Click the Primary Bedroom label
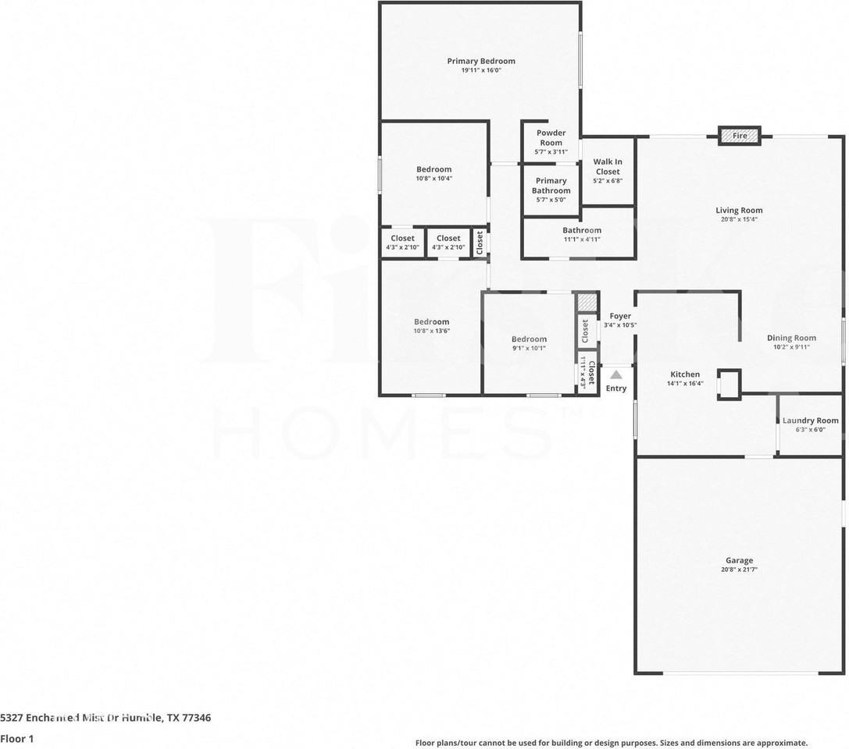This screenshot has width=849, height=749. (x=480, y=61)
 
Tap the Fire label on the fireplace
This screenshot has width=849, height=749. (x=740, y=136)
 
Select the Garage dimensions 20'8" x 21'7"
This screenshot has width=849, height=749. (x=739, y=570)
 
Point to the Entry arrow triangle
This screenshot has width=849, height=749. (x=616, y=374)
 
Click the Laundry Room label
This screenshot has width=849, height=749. (x=810, y=421)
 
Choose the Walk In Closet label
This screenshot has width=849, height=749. (x=607, y=167)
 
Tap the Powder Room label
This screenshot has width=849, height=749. (x=551, y=137)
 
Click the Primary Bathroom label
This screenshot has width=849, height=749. (x=551, y=186)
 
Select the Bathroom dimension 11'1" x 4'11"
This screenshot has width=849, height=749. (x=582, y=240)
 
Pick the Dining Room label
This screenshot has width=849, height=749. (x=791, y=338)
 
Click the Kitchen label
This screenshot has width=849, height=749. (x=685, y=374)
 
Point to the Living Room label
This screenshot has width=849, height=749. (x=739, y=210)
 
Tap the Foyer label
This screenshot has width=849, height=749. (x=620, y=316)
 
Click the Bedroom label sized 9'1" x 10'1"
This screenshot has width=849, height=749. (x=529, y=339)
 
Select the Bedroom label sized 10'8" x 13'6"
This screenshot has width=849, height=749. (x=431, y=321)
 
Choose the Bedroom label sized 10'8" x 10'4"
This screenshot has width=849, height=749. (x=433, y=169)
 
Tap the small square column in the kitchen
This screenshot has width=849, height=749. (x=729, y=384)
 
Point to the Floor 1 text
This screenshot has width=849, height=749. (x=17, y=738)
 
